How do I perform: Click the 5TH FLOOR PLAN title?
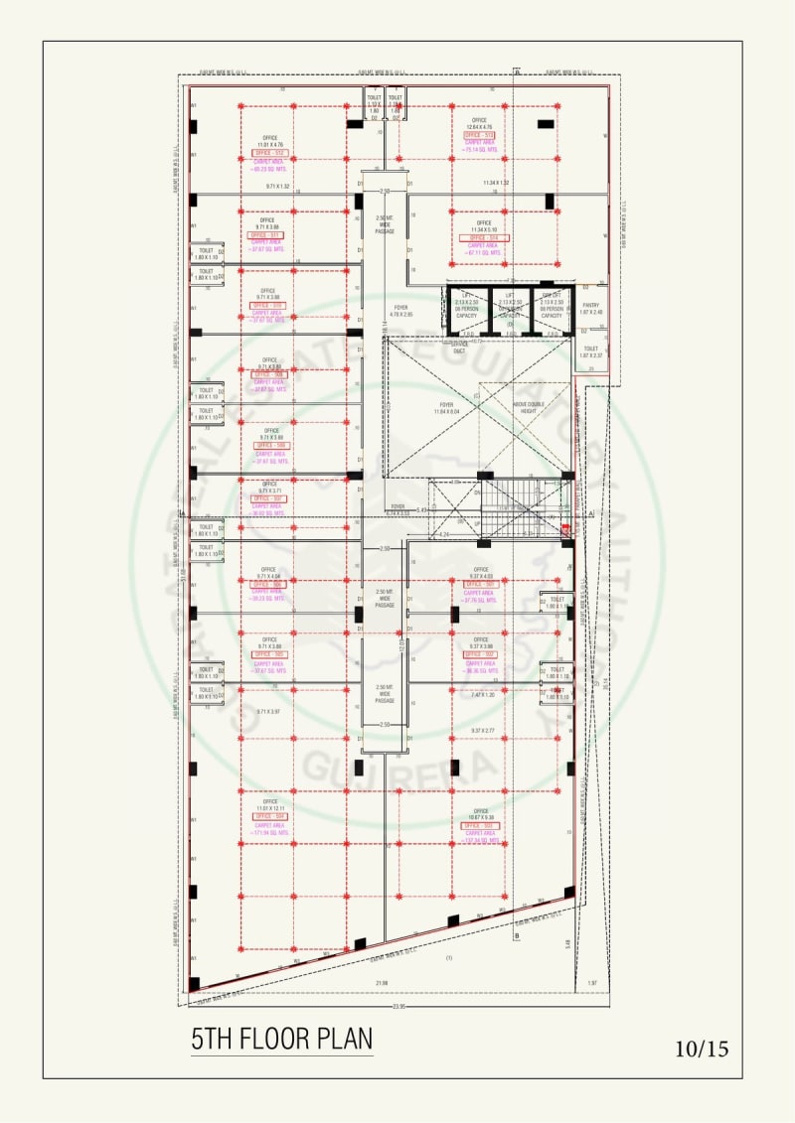[281, 1039]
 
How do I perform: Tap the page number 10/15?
[702, 1049]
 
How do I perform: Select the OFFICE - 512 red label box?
[268, 153]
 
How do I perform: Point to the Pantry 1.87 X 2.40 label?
[591, 309]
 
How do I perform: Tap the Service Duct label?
[459, 349]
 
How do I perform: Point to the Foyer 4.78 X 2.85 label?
[400, 311]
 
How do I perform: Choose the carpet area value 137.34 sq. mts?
[480, 840]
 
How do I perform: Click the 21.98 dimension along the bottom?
[382, 984]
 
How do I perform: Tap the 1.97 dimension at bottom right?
[593, 984]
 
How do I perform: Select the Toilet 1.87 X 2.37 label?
[591, 351]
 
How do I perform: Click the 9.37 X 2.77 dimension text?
[483, 731]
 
